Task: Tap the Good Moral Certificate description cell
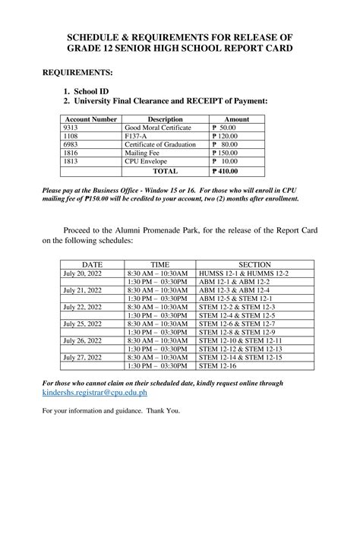point(157,128)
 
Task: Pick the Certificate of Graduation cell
point(159,145)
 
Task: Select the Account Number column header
point(90,120)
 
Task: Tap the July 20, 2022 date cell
point(82,273)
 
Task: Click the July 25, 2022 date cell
point(82,323)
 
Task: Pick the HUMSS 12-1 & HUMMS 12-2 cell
point(243,273)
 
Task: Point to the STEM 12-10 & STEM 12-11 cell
point(240,340)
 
